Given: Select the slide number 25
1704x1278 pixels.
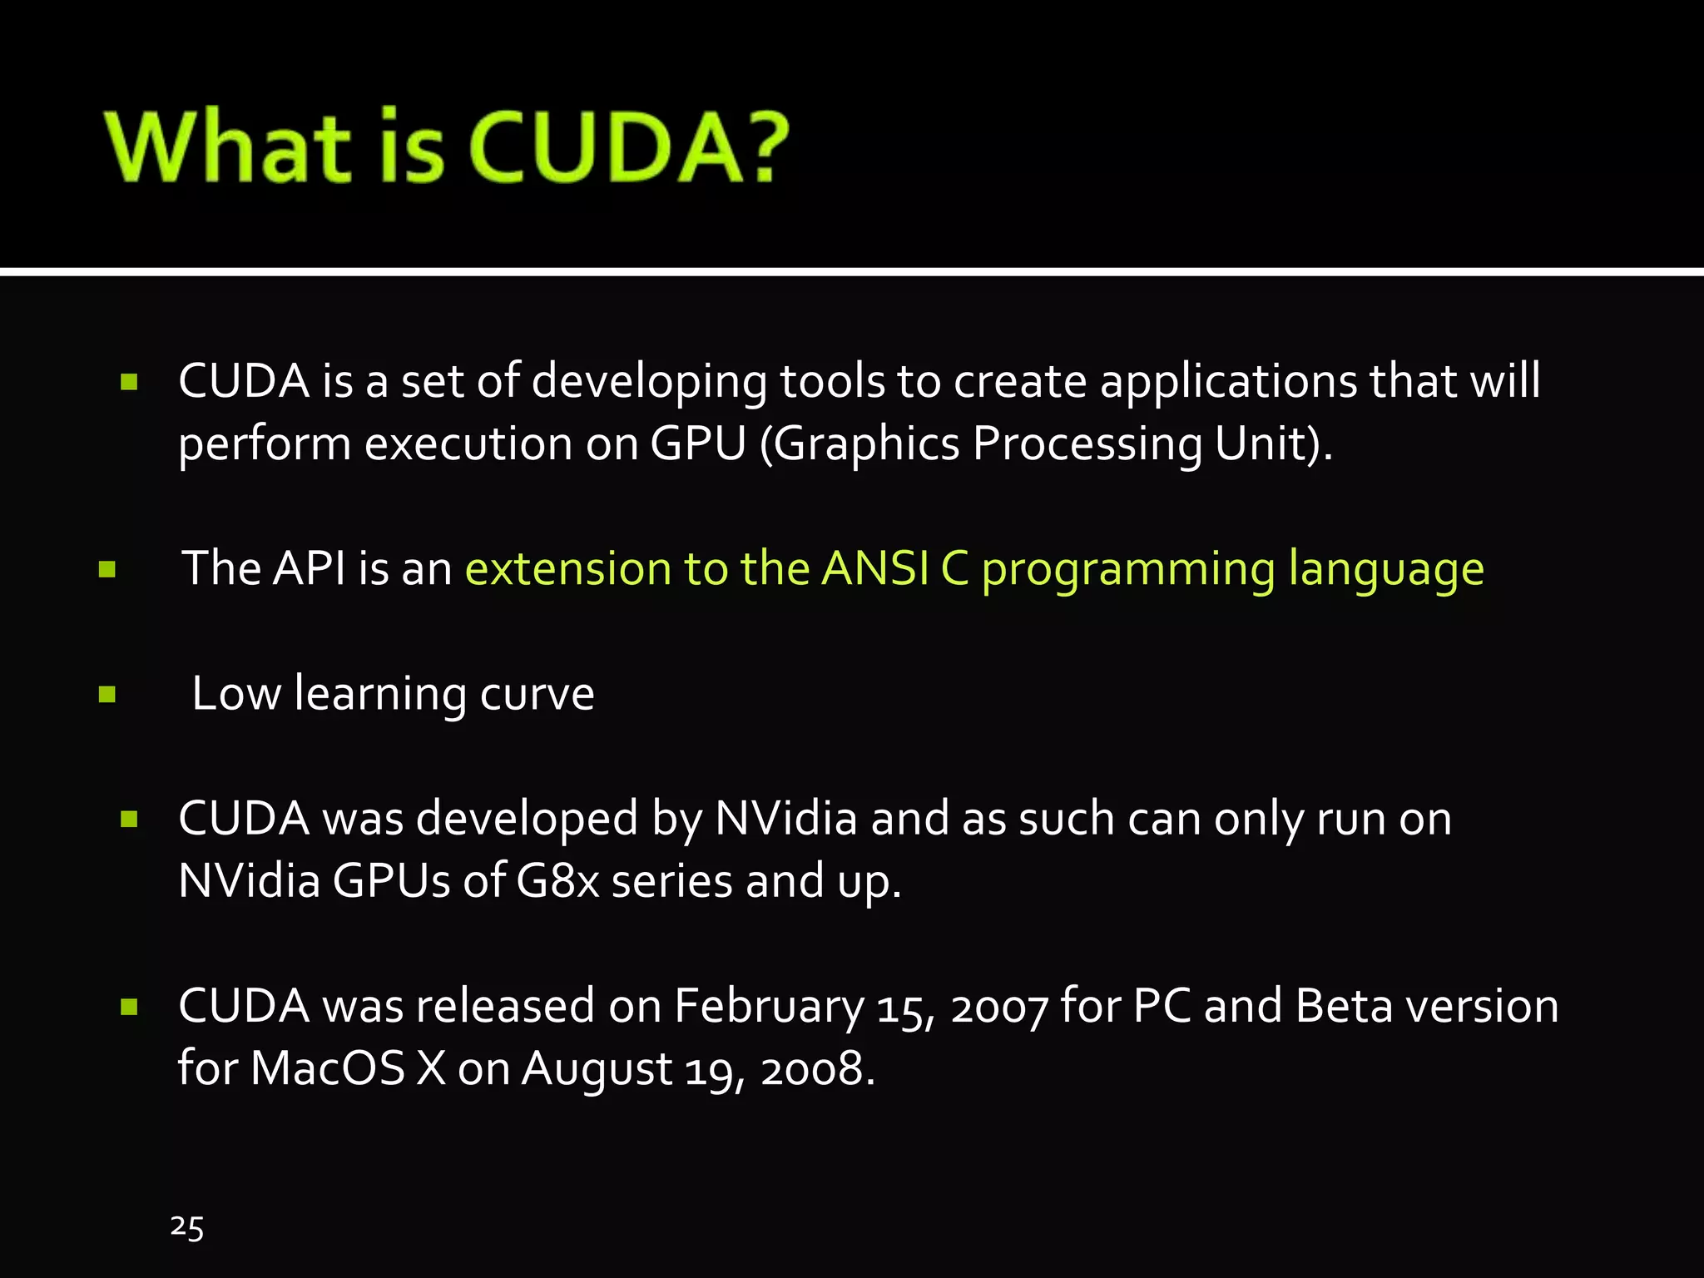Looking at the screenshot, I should (x=187, y=1227).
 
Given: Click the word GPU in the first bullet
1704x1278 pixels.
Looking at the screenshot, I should (x=698, y=443).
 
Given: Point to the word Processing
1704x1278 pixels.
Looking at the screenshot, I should (x=1087, y=444).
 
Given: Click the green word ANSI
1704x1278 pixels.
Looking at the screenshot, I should (x=875, y=568).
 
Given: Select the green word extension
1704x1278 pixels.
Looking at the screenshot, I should (x=567, y=568).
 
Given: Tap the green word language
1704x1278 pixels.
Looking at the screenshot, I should (x=1386, y=570).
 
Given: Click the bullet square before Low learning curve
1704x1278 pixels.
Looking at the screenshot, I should (x=106, y=694).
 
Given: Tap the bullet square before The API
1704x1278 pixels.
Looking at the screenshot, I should (x=106, y=569).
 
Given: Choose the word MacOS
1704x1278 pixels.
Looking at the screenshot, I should (x=328, y=1068).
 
